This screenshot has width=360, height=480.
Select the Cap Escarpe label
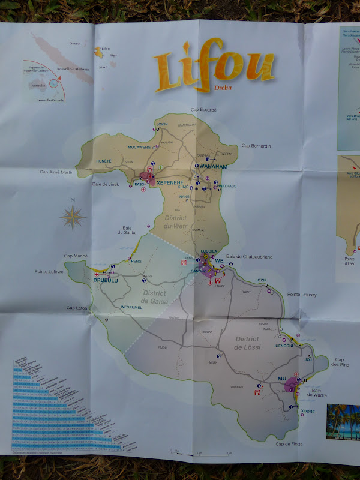click(x=203, y=110)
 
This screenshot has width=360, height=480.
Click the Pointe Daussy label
click(x=301, y=294)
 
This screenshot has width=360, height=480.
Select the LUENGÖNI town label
click(x=283, y=346)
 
